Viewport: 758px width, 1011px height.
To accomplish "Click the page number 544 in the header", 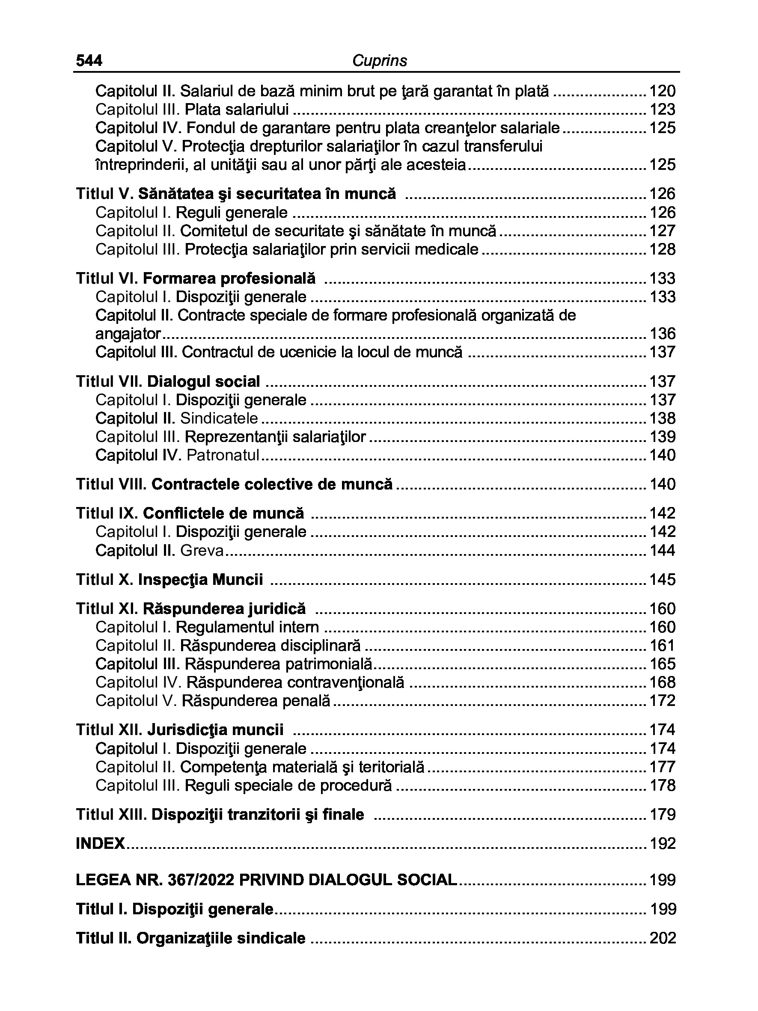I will coord(89,61).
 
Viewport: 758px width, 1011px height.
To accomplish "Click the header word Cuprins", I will coord(379,61).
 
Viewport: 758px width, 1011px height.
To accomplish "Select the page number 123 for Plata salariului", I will coord(662,110).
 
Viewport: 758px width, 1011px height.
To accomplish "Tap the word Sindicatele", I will coord(219,418).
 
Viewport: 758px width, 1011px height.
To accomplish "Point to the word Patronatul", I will coord(223,455).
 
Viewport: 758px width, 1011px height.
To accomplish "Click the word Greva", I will coord(202,550).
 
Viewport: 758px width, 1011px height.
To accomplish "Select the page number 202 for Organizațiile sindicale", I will coord(662,938).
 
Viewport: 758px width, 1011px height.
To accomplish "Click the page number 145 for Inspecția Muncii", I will coord(662,580).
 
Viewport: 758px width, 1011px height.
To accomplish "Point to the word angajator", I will coord(128,334).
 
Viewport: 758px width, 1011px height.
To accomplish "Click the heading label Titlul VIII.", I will coord(112,484).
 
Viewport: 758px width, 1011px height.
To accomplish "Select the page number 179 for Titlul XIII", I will coord(662,815).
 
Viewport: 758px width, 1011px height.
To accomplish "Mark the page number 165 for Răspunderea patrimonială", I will coord(662,664).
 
